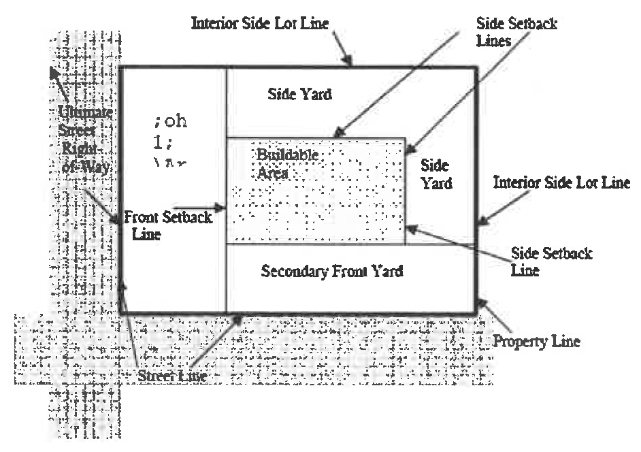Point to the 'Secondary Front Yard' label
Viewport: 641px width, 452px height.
[x=332, y=271]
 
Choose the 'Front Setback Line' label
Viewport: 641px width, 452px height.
[x=167, y=225]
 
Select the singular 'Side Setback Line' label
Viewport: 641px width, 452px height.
[x=550, y=262]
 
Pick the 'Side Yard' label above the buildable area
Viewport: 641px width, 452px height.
[x=299, y=95]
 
